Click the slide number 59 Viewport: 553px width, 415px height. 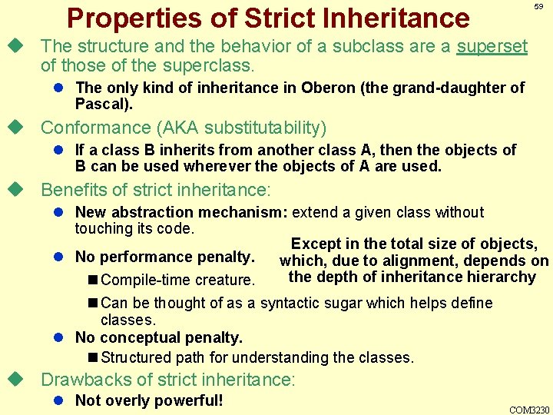click(x=539, y=6)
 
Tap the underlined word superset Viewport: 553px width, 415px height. click(x=492, y=46)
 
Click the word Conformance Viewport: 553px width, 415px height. click(x=95, y=127)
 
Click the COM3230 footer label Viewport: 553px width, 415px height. click(x=530, y=408)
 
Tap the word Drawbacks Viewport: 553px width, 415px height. click(x=81, y=379)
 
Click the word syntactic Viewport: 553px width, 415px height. click(x=299, y=303)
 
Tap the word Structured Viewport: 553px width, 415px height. click(x=135, y=357)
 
